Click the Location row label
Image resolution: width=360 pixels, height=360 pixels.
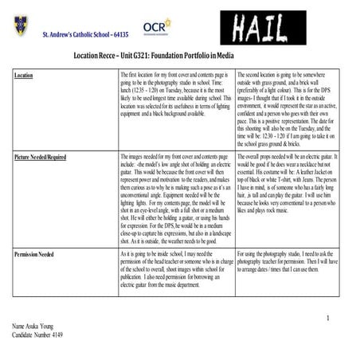coord(24,75)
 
